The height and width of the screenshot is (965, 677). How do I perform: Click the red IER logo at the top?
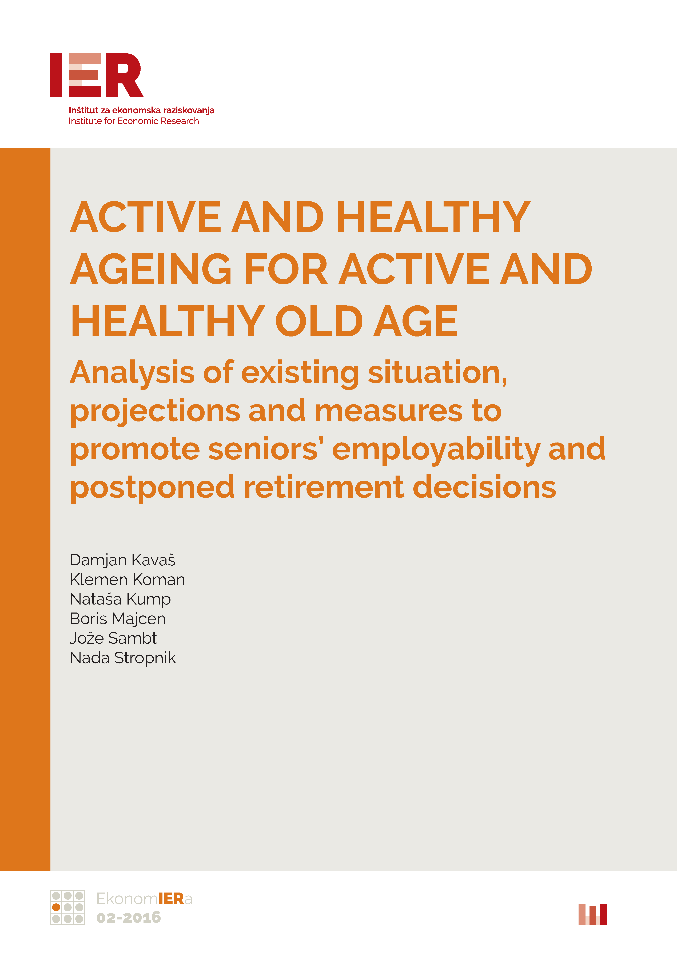97,75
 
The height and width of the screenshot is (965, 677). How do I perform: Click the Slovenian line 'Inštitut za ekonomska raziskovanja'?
142,111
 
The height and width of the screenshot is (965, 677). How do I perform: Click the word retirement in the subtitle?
324,487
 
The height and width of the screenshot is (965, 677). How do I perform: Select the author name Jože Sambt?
113,638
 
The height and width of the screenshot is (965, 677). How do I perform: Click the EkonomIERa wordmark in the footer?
144,899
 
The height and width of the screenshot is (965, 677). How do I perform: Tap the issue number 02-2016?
129,918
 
